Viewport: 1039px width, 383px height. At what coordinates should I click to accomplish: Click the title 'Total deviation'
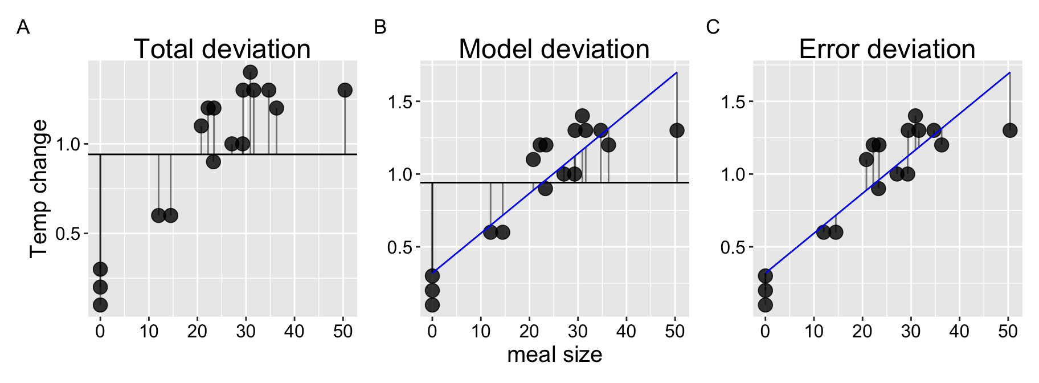222,49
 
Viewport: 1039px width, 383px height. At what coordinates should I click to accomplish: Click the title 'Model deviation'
554,49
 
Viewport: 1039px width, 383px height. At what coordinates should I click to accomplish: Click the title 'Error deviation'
887,49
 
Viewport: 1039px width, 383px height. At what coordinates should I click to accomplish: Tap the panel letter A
23,27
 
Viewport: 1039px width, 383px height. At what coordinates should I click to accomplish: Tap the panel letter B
380,27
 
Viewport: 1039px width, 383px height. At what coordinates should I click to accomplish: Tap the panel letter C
713,27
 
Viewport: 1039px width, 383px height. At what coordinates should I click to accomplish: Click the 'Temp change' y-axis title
39,189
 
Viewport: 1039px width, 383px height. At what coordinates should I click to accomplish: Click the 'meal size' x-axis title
554,355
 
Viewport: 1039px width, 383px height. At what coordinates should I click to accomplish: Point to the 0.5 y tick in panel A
68,234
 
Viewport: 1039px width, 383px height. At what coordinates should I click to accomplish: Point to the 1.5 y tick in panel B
400,102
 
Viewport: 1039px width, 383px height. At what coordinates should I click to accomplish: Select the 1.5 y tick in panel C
733,102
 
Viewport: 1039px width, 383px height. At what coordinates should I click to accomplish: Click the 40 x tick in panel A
294,331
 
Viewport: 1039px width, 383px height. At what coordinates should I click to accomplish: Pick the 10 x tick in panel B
481,331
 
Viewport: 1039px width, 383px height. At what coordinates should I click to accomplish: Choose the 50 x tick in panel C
1008,331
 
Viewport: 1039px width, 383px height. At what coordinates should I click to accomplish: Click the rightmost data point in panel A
345,90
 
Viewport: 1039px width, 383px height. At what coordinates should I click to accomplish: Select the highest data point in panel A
250,72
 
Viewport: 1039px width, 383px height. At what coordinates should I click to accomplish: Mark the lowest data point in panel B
432,305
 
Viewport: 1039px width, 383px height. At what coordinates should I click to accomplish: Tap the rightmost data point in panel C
1010,131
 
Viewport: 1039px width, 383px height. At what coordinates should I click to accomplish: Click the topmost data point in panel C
915,116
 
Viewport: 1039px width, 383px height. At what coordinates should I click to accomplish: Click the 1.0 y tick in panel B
400,174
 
